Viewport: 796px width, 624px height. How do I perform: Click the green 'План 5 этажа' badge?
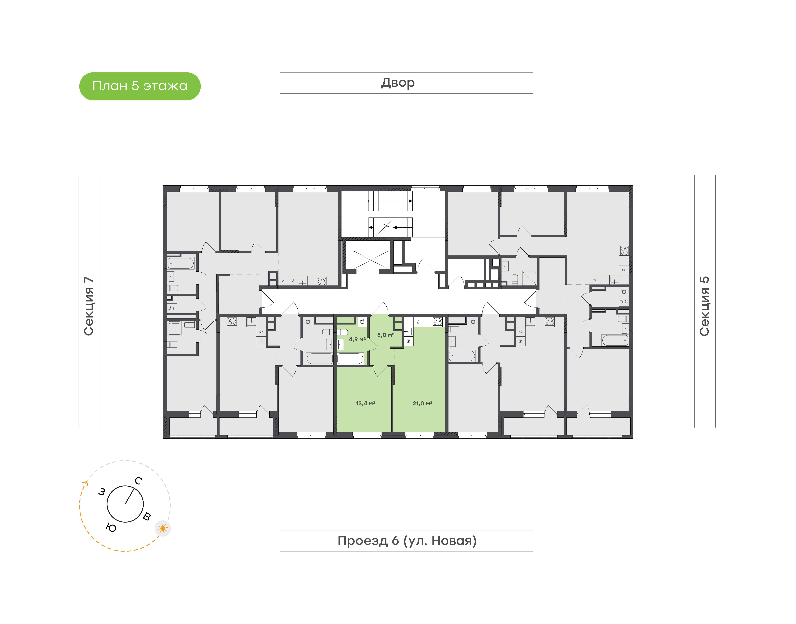coord(140,86)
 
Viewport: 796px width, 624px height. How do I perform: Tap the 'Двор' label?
coord(398,83)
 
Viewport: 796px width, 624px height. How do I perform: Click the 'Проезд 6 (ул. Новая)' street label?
coord(407,541)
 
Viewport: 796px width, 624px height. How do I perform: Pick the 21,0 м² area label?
coord(422,403)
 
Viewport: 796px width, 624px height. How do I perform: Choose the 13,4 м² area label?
coord(365,403)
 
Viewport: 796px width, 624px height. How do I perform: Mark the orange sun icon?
coord(163,528)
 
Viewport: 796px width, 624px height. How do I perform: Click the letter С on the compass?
coord(138,481)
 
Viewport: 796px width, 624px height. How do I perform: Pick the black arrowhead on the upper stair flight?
coord(410,201)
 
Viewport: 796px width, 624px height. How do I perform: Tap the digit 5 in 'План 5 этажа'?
coord(135,86)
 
